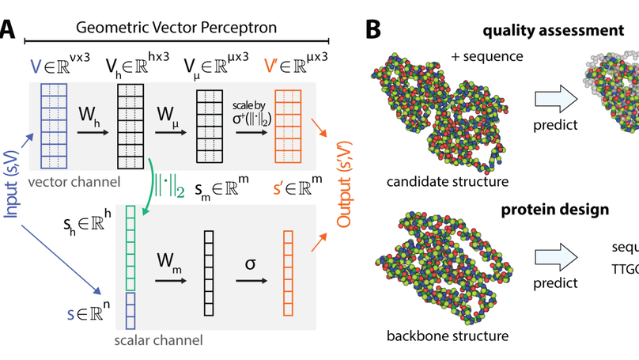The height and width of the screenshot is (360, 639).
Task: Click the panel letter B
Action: (x=374, y=30)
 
